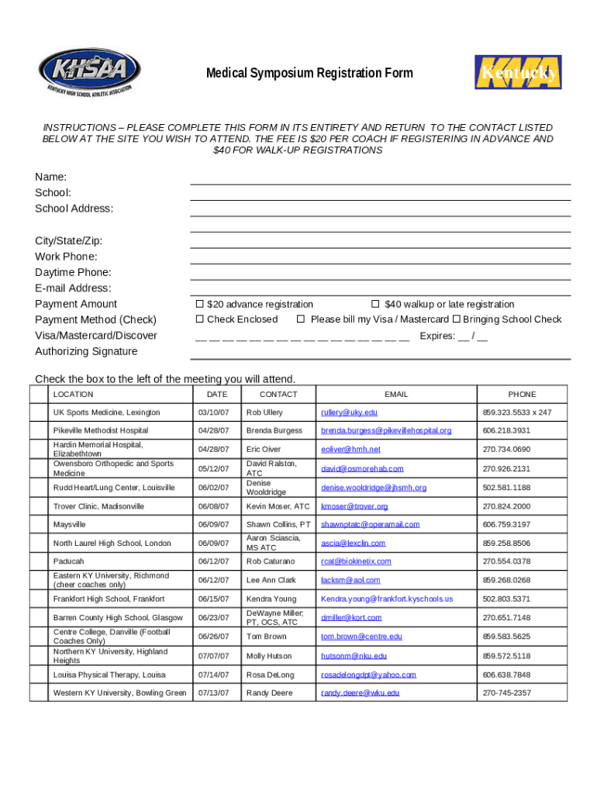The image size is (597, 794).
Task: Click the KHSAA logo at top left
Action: (x=89, y=72)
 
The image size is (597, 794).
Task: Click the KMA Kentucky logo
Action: (x=517, y=72)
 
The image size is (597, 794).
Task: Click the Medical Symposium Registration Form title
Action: (x=309, y=74)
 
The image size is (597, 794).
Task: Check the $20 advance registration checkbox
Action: (x=199, y=304)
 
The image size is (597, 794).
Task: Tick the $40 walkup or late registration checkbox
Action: (x=375, y=304)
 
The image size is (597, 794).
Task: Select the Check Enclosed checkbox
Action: (x=199, y=319)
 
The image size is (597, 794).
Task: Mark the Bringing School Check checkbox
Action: (x=457, y=319)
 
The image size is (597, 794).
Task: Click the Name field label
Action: (x=50, y=177)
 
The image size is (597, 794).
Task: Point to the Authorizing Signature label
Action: (x=86, y=351)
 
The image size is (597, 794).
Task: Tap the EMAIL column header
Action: (x=395, y=395)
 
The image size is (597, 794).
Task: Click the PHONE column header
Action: (x=522, y=395)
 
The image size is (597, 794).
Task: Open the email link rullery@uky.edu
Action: (x=349, y=413)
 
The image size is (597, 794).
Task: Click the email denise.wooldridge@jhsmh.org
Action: (x=374, y=488)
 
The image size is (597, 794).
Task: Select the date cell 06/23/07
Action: (x=212, y=617)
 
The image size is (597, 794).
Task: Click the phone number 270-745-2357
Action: (x=506, y=692)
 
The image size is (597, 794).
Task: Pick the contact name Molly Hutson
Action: (x=268, y=655)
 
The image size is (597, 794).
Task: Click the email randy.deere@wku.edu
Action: (x=360, y=692)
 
